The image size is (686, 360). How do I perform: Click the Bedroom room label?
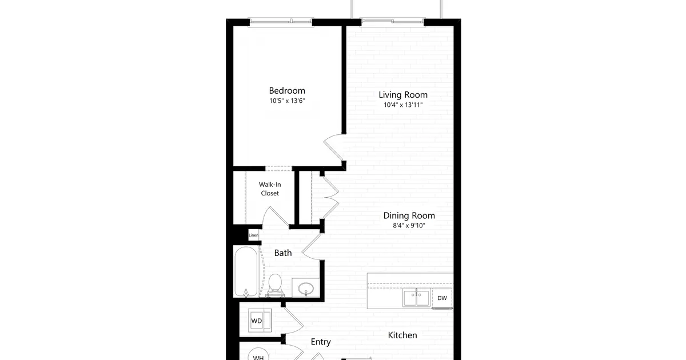click(287, 91)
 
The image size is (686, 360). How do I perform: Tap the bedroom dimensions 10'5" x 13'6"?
click(287, 101)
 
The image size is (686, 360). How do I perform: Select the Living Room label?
click(403, 95)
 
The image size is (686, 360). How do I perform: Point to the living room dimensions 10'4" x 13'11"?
click(403, 105)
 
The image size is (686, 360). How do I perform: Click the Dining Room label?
click(409, 215)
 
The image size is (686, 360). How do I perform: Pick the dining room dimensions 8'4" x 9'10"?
click(409, 226)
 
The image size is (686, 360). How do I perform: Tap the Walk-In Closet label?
click(270, 189)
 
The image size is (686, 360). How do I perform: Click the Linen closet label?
click(254, 235)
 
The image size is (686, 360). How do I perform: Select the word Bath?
click(282, 253)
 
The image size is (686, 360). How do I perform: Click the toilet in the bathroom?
click(275, 285)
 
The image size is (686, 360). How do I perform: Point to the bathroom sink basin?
click(306, 289)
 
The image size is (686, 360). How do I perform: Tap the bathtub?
click(246, 272)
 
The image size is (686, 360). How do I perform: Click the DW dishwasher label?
click(442, 298)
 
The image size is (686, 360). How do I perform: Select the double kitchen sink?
click(416, 298)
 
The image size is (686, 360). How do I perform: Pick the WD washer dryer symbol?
click(260, 321)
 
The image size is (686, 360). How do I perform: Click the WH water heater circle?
click(258, 355)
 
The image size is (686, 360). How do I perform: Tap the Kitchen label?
click(402, 335)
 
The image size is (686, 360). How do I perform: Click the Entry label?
click(321, 342)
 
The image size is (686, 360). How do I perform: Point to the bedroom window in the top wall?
click(281, 22)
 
